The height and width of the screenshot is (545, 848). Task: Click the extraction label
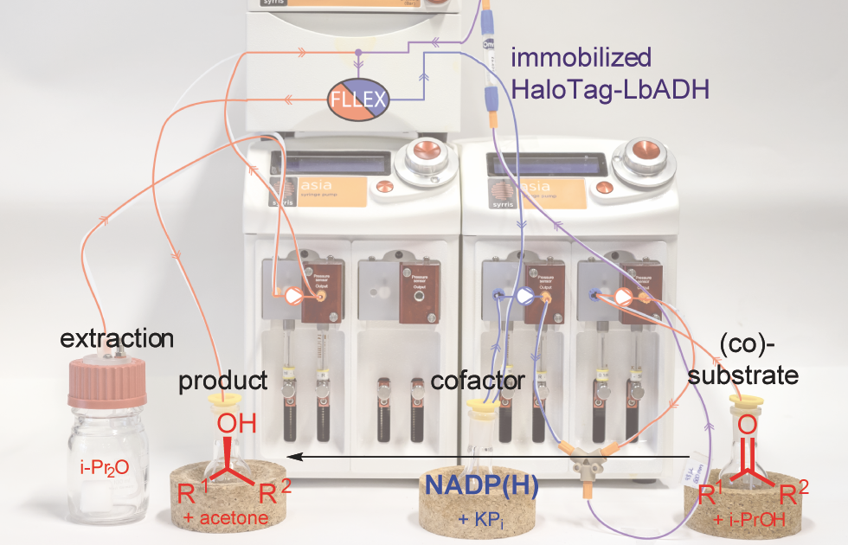(x=117, y=337)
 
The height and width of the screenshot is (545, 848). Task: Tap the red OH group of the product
(x=234, y=426)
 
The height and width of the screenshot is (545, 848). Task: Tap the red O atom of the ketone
(x=748, y=426)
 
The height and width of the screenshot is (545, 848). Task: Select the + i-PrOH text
(x=749, y=518)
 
